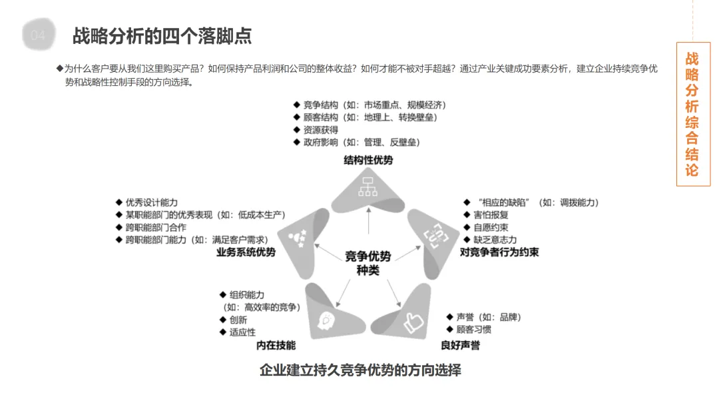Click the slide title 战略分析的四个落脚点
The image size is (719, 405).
pos(162,35)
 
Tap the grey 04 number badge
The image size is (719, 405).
pos(39,36)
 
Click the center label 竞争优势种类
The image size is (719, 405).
pos(367,263)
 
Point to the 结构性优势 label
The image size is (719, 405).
pos(368,161)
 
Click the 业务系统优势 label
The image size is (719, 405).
pos(246,252)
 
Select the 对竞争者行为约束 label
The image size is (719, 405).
pos(499,252)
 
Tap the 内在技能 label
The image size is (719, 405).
pos(276,345)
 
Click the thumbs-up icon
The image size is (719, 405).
pos(413,322)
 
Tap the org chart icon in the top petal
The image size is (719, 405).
pos(368,187)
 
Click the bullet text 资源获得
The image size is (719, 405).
pos(320,130)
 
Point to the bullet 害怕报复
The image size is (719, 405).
pos(491,215)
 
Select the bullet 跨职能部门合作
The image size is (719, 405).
pos(156,227)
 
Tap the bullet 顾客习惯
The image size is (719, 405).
pos(473,330)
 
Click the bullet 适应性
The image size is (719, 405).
pos(242,332)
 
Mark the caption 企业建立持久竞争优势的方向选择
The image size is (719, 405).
pos(360,370)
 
